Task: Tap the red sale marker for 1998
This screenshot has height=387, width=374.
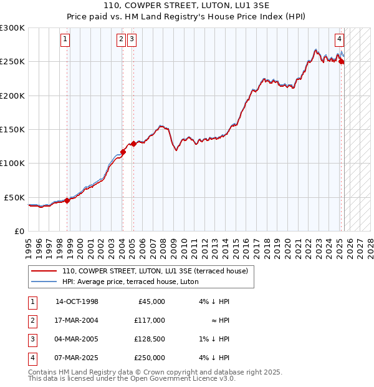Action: coord(67,200)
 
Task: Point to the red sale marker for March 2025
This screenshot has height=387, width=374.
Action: coord(342,61)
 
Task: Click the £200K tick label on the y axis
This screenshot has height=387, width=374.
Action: coord(12,96)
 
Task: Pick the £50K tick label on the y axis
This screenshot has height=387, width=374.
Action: coord(15,197)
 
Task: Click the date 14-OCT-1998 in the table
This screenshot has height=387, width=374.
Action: coord(77,301)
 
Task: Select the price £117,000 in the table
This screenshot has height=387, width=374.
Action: coord(149,320)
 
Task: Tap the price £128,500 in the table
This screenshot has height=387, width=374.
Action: coord(149,339)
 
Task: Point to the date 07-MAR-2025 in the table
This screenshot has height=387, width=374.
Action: coord(77,358)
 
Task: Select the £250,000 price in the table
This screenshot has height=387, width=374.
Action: coord(149,358)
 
